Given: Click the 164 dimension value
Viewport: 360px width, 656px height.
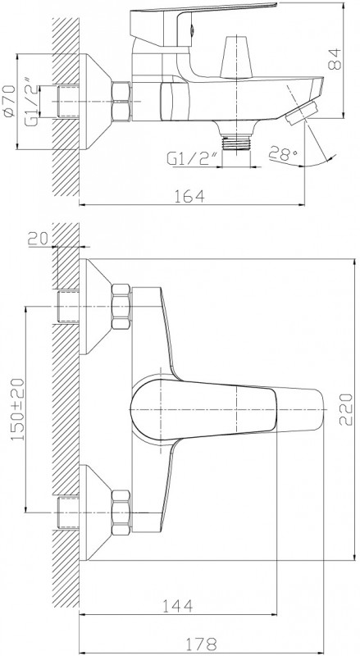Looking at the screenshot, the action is pyautogui.click(x=191, y=195).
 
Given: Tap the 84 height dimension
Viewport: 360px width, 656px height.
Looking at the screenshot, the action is pyautogui.click(x=335, y=59).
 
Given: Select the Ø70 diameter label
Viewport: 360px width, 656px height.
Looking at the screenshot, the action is pyautogui.click(x=9, y=100).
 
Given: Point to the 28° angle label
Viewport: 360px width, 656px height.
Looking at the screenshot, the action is pyautogui.click(x=284, y=153).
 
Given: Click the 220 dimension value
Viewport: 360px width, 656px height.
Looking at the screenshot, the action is pyautogui.click(x=346, y=409).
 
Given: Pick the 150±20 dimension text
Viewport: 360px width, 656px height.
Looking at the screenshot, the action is pyautogui.click(x=17, y=408).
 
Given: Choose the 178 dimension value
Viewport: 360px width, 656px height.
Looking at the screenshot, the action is pyautogui.click(x=202, y=643).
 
